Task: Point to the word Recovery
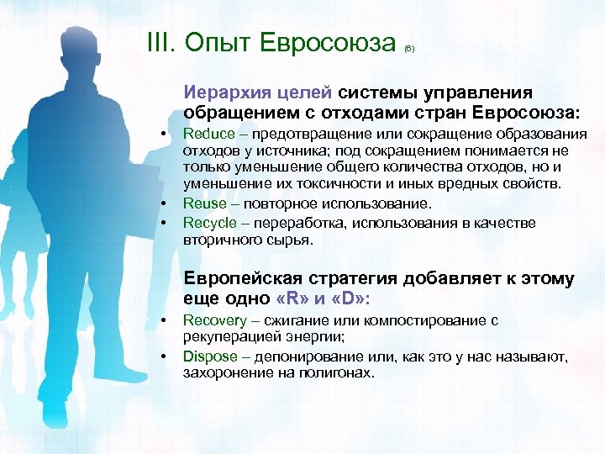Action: pos(215,320)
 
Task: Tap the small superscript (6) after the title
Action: pos(408,49)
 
